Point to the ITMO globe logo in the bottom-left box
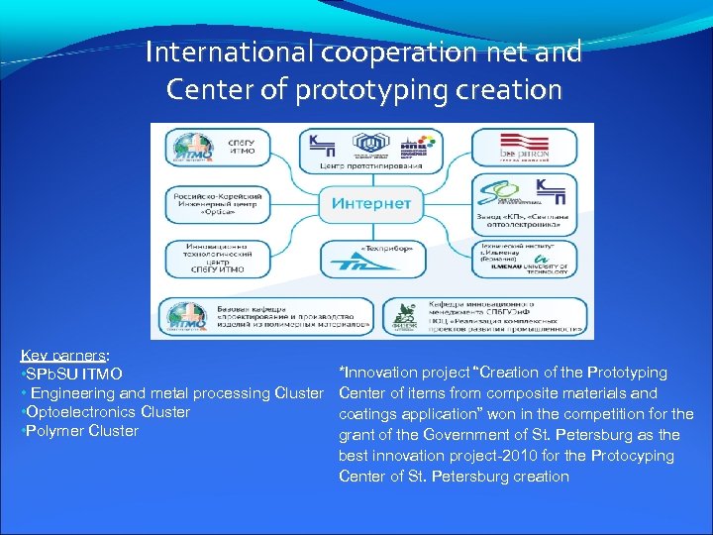point(188,316)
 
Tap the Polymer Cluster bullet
point(79,431)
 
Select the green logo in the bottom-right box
point(405,315)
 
